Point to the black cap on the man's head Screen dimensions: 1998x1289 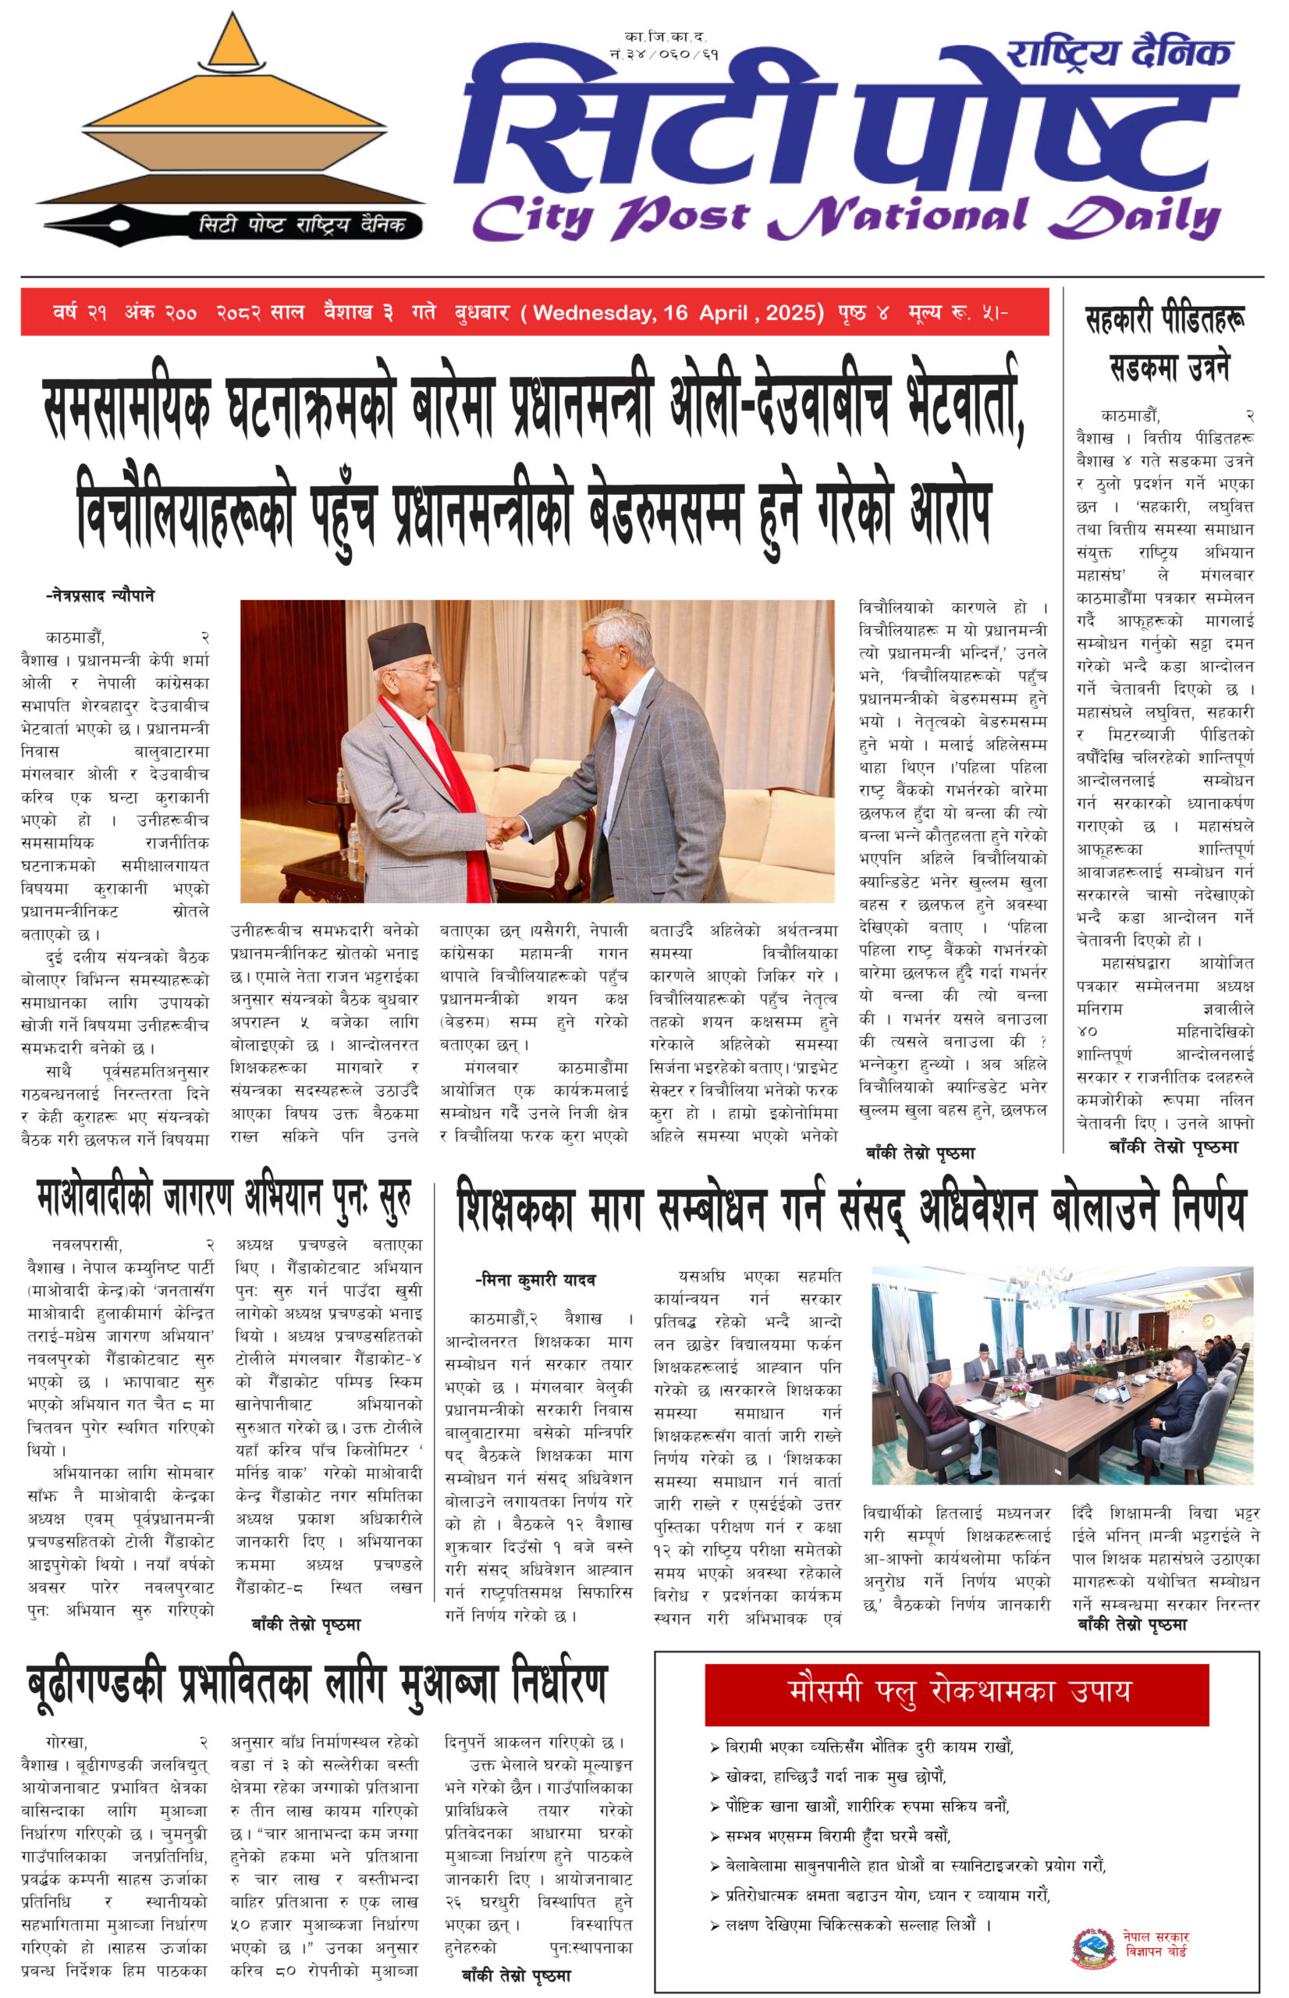coord(399,645)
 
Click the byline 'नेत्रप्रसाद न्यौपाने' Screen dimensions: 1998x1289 coord(100,596)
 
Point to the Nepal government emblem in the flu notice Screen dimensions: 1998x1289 coord(1093,1948)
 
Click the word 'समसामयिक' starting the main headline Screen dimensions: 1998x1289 coord(126,409)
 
